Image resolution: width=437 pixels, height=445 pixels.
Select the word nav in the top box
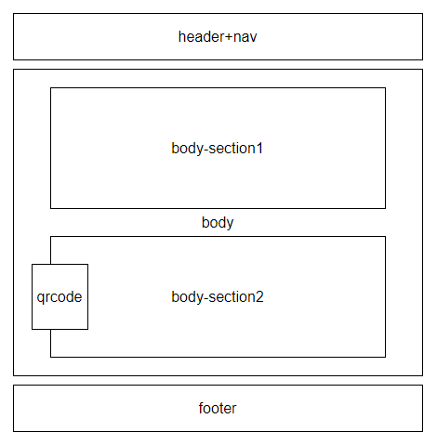(245, 38)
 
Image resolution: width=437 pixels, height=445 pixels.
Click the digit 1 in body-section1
(259, 148)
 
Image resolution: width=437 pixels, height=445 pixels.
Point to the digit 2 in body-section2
(259, 296)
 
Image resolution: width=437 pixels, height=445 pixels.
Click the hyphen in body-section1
(205, 151)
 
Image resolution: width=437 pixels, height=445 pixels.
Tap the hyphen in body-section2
(205, 299)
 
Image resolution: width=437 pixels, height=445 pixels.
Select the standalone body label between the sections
(218, 223)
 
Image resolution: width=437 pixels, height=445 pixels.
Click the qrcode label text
(60, 297)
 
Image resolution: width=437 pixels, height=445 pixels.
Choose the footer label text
(218, 408)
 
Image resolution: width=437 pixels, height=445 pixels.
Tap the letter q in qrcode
(40, 298)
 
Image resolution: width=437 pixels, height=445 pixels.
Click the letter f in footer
(202, 408)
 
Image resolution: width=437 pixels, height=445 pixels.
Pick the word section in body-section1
(232, 148)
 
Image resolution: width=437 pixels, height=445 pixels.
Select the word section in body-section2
(232, 296)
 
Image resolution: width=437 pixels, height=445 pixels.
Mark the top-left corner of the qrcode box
(33, 265)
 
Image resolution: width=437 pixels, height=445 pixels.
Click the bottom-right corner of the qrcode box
(87, 329)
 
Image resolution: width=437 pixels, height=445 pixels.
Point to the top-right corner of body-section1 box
(386, 88)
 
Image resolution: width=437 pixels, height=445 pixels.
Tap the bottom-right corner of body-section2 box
(386, 357)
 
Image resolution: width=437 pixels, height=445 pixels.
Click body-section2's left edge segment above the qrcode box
(51, 251)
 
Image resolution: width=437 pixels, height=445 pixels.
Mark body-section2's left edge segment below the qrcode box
(51, 343)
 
